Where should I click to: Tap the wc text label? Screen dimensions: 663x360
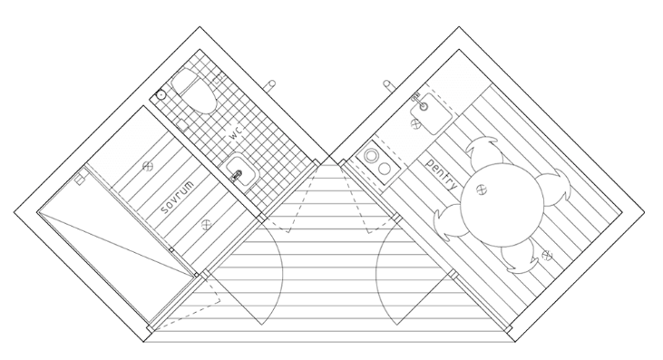[x=236, y=133]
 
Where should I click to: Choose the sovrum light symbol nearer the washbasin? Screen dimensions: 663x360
[x=209, y=220]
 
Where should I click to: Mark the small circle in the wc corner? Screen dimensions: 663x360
[x=161, y=93]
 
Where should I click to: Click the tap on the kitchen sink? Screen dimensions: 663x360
[x=416, y=96]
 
